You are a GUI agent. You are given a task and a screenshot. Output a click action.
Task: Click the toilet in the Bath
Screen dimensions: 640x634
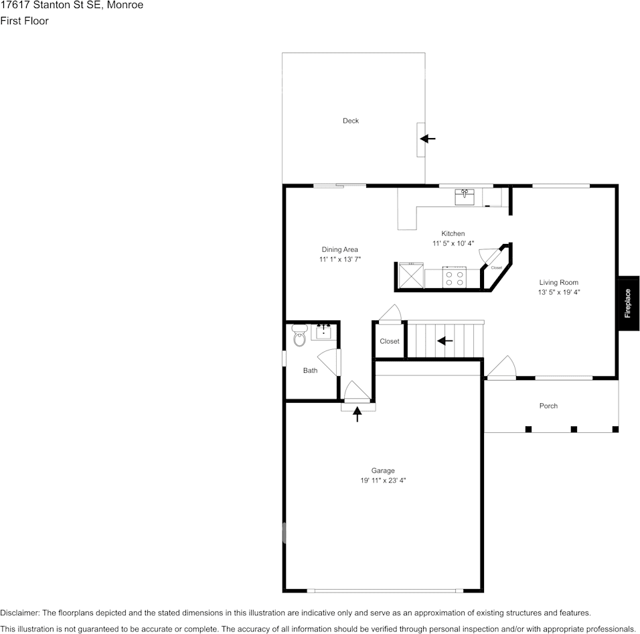(x=300, y=335)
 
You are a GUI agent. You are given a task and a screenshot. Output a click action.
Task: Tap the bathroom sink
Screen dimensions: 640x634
(x=323, y=332)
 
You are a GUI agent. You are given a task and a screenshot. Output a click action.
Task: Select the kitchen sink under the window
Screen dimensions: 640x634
(x=465, y=197)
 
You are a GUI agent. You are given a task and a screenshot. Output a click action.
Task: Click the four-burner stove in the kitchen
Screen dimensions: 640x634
(x=455, y=277)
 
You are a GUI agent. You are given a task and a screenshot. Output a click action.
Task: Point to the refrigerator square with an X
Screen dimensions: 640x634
(x=411, y=276)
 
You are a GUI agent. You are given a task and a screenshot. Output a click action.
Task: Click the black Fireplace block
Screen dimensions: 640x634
(x=629, y=303)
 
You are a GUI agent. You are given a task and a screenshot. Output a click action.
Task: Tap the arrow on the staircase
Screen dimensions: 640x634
(x=445, y=340)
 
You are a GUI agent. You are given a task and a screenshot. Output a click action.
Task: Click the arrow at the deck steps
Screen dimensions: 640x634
(x=428, y=139)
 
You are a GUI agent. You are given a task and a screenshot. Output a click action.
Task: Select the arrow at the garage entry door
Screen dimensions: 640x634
(x=357, y=414)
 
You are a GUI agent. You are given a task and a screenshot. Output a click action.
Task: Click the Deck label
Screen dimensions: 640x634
(x=351, y=121)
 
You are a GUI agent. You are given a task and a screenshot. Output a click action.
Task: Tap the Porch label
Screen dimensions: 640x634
(x=548, y=405)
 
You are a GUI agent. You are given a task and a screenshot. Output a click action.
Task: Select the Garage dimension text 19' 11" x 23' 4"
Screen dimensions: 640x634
(x=383, y=481)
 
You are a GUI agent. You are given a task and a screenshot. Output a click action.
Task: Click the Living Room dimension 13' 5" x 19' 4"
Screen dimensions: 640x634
(x=559, y=292)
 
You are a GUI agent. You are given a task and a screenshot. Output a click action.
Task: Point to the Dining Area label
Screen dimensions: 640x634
(x=339, y=249)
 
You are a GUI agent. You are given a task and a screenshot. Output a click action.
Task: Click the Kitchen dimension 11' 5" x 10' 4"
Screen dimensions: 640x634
(x=453, y=243)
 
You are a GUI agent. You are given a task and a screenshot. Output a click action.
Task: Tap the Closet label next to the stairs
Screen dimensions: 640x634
(x=390, y=341)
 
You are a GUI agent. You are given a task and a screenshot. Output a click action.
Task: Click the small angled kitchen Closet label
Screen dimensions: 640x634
(x=496, y=267)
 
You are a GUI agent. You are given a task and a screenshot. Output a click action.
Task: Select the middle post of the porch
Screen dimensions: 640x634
(x=574, y=429)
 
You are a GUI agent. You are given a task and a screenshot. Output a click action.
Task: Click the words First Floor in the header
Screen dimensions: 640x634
(x=25, y=21)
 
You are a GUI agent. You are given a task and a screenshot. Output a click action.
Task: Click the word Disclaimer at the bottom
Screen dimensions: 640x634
(x=19, y=613)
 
